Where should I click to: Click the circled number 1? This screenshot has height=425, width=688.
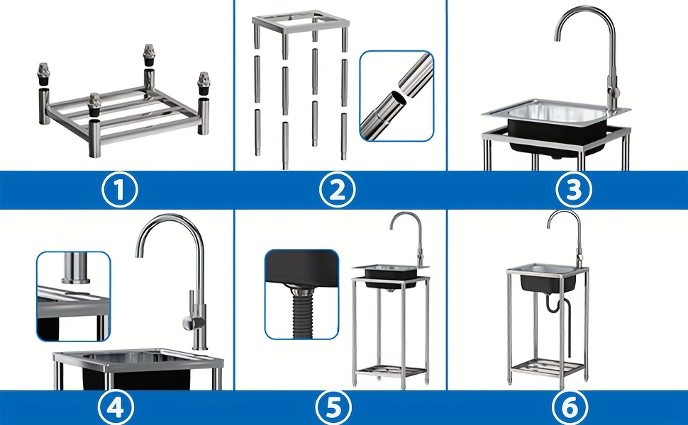(x=119, y=190)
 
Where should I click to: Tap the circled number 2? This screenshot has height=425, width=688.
(x=337, y=190)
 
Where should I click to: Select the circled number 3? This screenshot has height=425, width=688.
(x=574, y=190)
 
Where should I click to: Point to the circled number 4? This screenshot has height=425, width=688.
(x=116, y=408)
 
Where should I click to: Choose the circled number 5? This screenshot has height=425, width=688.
(x=333, y=408)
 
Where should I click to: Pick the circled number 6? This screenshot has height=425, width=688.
(x=570, y=408)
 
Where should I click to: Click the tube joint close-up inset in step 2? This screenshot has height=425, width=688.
(x=396, y=96)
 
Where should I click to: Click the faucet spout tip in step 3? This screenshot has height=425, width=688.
(x=557, y=38)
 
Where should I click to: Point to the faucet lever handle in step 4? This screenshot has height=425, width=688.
(x=188, y=325)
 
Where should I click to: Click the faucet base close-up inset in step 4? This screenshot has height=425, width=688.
(x=73, y=297)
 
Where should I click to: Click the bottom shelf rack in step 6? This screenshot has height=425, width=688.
(x=544, y=367)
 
